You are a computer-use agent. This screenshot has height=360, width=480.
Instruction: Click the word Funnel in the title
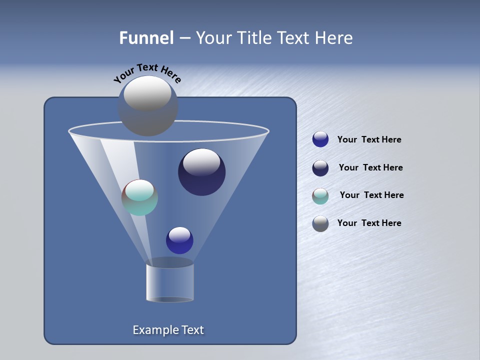point(146,38)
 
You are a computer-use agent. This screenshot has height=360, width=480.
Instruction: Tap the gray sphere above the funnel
point(147,106)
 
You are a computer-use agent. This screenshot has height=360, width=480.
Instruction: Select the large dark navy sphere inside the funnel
point(201,172)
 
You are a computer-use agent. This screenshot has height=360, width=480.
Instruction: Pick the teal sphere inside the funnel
point(139,197)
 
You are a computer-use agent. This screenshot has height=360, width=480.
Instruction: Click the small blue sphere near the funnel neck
point(179,240)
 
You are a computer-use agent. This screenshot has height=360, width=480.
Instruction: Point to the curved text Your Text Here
point(147,72)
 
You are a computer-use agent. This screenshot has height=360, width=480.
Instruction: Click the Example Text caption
point(168,330)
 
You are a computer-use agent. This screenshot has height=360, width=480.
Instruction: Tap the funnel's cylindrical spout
point(169,282)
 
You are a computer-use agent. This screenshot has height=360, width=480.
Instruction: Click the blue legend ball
point(320,139)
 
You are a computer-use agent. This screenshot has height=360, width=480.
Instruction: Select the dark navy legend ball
point(320,168)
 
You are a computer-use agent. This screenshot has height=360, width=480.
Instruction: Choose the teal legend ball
point(320,196)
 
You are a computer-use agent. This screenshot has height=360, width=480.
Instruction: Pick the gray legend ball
point(320,223)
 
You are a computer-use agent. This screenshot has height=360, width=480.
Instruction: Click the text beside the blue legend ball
point(369,140)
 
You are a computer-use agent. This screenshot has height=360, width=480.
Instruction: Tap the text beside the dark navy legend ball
point(370,168)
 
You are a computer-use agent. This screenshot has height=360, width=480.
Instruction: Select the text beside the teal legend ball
point(371,195)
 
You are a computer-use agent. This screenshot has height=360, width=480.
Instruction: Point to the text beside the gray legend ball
point(369,223)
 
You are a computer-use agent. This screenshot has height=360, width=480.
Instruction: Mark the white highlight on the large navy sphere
point(201,162)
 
